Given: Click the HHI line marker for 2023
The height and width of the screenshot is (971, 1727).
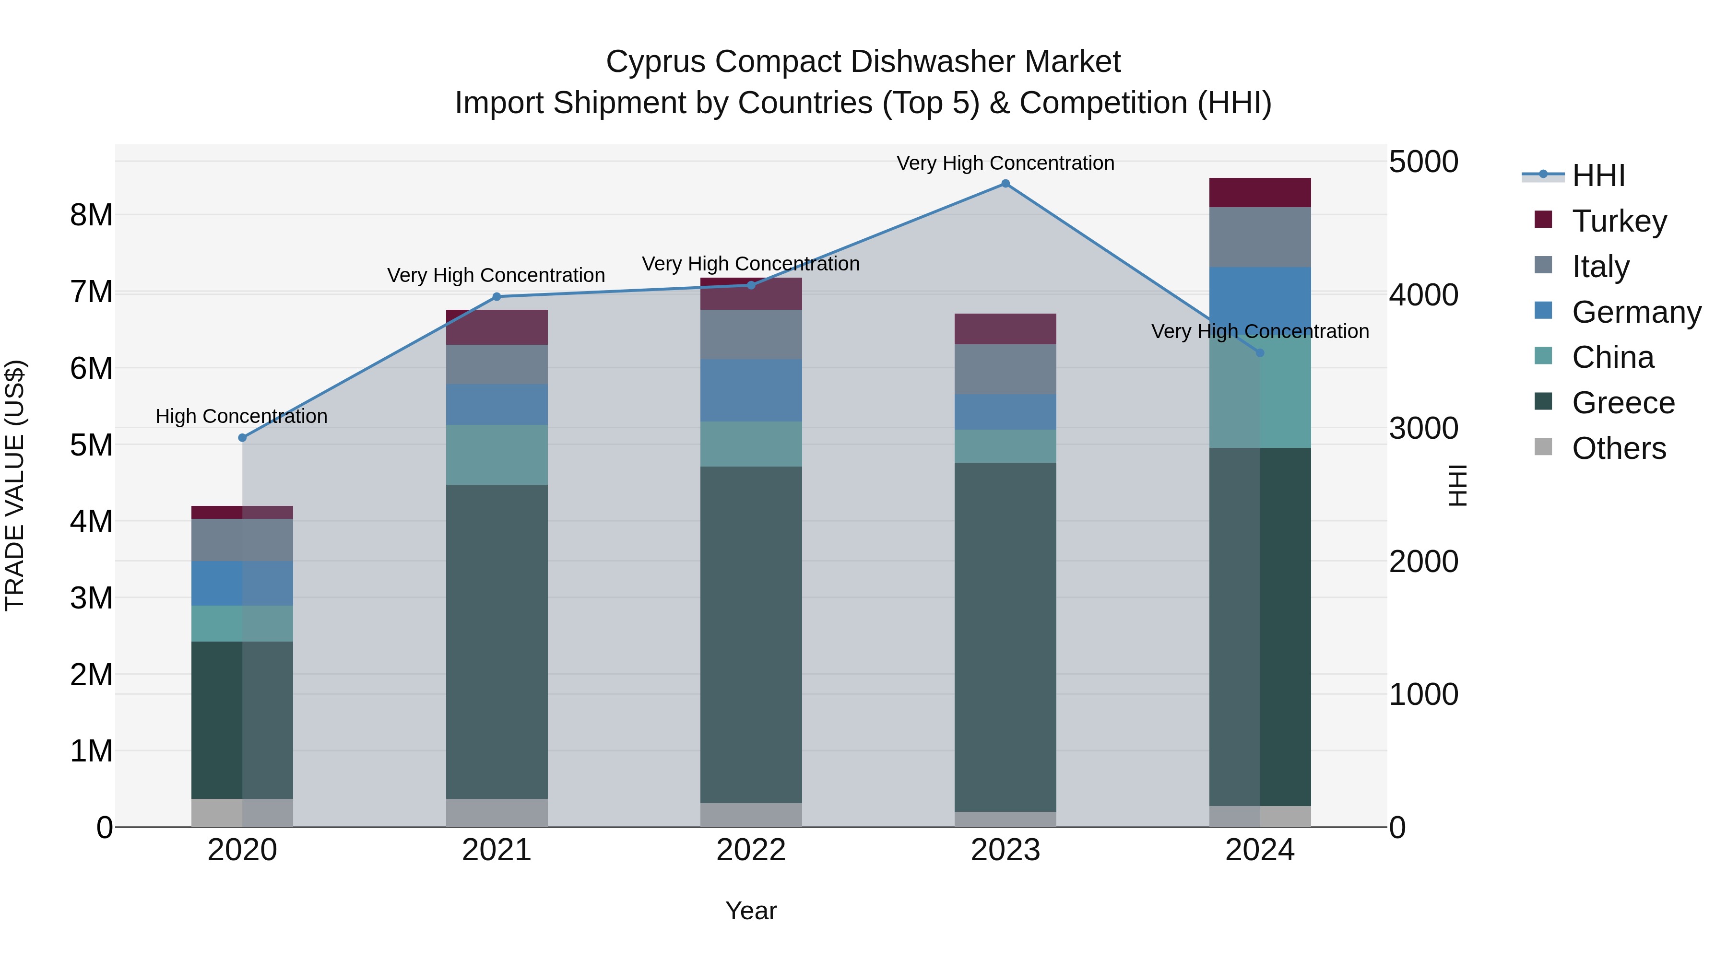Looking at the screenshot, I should tap(1005, 184).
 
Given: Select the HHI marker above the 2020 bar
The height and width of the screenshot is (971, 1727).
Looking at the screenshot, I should tap(243, 438).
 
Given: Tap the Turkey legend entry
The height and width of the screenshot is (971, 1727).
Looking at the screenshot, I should tap(1619, 221).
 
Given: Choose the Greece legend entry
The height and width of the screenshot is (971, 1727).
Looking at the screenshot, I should tap(1622, 403).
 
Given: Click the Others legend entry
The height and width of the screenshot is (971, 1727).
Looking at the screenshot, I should tap(1619, 448).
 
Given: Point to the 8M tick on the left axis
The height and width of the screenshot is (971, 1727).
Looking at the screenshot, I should tap(91, 215).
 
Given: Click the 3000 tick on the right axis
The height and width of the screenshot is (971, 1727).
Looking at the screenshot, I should tap(1423, 428).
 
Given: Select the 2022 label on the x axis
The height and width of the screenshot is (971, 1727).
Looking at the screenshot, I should tap(751, 850).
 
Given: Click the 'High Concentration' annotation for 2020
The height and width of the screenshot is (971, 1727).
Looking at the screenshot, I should tap(241, 416).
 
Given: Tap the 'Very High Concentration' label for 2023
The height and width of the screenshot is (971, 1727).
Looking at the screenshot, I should tap(1005, 163).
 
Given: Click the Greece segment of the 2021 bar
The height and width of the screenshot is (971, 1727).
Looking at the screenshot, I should tap(497, 641).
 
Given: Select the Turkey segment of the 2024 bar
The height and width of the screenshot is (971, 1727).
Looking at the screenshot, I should tap(1260, 192).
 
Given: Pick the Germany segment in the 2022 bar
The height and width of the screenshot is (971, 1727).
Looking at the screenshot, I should tap(751, 390).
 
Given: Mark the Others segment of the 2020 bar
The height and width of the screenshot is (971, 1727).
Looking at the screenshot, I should tap(242, 812).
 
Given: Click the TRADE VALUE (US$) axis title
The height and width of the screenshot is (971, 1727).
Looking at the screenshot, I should tap(15, 485).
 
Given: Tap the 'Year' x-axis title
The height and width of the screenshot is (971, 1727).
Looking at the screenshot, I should tap(751, 911).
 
